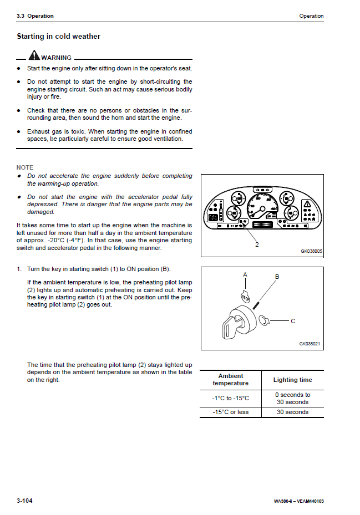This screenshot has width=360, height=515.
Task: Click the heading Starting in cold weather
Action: (58, 37)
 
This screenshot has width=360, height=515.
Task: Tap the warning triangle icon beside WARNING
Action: (34, 56)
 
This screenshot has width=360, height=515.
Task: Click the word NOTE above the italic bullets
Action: (25, 167)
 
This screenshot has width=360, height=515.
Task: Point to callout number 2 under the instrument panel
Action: (257, 244)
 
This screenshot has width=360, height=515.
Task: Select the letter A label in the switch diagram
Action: (245, 275)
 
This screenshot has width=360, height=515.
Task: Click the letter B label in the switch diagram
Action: (277, 277)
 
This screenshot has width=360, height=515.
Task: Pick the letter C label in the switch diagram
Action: (293, 321)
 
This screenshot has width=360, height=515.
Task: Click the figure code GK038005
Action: (311, 251)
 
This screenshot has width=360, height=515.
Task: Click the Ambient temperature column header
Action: (231, 380)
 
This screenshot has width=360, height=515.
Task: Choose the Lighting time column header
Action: (292, 380)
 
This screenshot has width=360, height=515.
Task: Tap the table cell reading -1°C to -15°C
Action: (231, 399)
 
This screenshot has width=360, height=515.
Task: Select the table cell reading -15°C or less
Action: (230, 412)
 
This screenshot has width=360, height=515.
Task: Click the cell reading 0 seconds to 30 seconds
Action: (292, 399)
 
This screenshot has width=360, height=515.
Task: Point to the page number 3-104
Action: (24, 501)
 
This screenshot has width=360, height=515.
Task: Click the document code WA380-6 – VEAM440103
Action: (298, 502)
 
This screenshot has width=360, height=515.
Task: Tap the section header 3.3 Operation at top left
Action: (35, 16)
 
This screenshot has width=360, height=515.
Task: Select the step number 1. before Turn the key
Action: (19, 269)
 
